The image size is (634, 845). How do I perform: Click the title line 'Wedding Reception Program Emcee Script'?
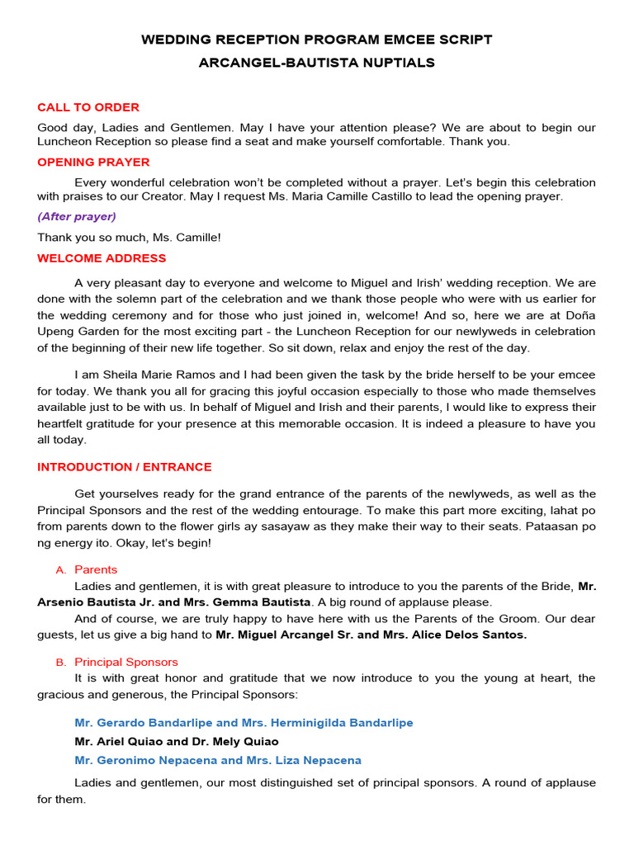(316, 40)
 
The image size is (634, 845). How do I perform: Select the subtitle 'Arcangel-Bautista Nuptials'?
(316, 63)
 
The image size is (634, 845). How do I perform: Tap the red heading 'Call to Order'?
(88, 107)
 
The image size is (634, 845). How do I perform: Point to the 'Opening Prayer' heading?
(93, 163)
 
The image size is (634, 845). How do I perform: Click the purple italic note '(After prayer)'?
(77, 217)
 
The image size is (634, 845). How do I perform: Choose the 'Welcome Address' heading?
(102, 258)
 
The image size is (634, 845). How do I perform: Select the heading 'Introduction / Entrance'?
(124, 467)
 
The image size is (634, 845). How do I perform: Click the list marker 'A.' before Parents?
(59, 570)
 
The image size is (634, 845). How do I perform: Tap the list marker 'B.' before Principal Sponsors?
(59, 663)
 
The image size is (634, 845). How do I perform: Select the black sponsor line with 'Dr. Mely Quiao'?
(177, 742)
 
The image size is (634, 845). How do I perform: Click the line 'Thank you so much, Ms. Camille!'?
(129, 238)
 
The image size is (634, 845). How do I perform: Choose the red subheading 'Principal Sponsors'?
(125, 663)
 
